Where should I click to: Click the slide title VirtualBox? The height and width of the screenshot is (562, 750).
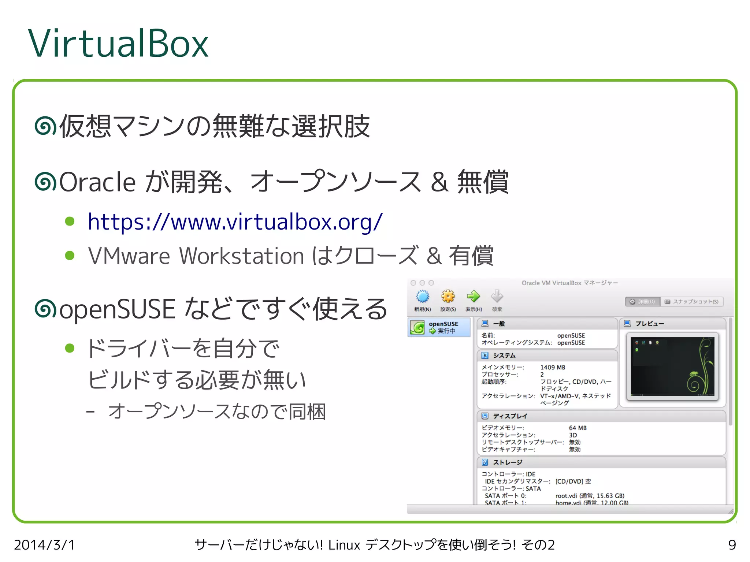click(x=118, y=44)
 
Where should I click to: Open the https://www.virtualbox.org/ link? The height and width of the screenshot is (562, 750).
click(x=235, y=222)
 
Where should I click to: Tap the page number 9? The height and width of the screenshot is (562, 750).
click(x=732, y=545)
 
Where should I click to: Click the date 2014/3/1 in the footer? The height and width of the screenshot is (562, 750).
click(x=44, y=545)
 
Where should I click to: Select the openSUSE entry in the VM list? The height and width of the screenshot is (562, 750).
click(x=439, y=327)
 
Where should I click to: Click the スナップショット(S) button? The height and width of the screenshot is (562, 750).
click(x=692, y=302)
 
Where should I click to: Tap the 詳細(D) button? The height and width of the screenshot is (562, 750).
click(x=642, y=302)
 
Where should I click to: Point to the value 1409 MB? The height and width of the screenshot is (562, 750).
click(x=553, y=367)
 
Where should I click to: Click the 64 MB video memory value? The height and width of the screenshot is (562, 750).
click(x=578, y=428)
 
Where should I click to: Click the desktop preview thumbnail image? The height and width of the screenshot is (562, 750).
click(x=672, y=366)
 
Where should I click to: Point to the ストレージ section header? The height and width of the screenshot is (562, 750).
click(x=507, y=462)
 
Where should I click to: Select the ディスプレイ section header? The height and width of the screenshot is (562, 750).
click(x=510, y=416)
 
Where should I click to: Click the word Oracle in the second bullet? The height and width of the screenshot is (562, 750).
click(x=97, y=182)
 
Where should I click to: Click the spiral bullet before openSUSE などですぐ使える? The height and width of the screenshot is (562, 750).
click(x=45, y=309)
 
